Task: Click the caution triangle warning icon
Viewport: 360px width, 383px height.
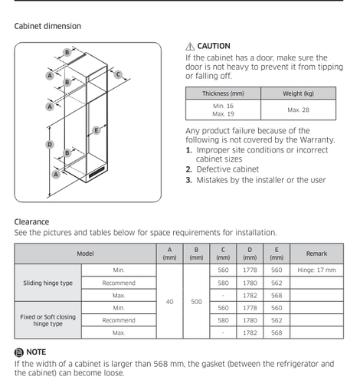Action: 190,47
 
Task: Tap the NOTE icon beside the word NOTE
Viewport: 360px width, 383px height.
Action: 19,352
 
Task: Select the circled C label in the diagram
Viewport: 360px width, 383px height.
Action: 118,74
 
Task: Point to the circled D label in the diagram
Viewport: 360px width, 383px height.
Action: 50,145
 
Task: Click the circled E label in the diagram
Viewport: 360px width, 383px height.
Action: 96,130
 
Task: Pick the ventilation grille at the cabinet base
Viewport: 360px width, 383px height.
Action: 97,172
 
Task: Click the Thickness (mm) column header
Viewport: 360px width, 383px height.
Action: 223,93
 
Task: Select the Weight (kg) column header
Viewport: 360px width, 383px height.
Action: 298,93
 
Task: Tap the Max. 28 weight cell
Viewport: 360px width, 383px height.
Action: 298,110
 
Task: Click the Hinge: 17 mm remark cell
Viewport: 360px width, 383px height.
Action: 316,270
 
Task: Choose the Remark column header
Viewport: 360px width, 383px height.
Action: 316,254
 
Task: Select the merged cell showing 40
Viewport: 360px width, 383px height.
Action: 170,302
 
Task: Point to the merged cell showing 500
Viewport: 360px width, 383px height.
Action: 196,302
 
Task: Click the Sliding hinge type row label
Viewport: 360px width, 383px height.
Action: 48,283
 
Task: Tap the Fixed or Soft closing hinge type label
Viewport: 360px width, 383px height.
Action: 48,320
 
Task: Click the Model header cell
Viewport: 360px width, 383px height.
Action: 85,254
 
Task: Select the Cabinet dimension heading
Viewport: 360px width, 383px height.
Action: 47,26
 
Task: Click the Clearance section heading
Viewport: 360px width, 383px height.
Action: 31,221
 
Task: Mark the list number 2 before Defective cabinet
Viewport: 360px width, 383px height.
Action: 188,169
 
